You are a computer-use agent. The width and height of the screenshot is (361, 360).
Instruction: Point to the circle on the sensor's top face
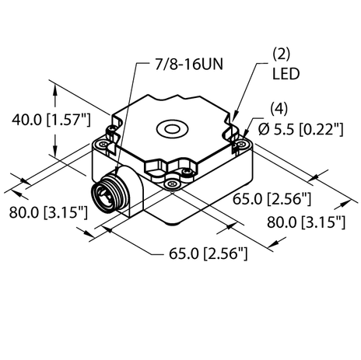170,127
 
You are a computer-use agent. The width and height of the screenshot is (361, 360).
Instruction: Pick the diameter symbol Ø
262,129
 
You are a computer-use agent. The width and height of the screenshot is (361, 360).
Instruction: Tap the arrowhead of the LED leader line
236,117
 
